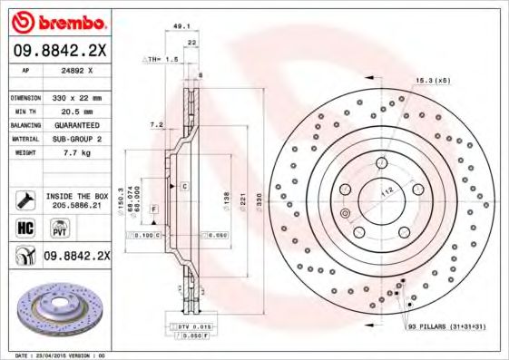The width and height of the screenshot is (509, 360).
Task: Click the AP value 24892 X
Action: pos(75,69)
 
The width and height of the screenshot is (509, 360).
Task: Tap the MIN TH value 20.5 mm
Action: pos(75,109)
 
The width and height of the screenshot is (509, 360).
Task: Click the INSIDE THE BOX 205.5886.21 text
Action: pos(76,200)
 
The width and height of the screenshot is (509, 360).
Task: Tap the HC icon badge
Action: pos(24,228)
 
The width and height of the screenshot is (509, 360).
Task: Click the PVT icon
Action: pos(52,229)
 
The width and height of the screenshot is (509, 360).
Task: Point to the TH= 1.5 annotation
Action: pos(161,58)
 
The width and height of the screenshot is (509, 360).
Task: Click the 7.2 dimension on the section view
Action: pos(155,124)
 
